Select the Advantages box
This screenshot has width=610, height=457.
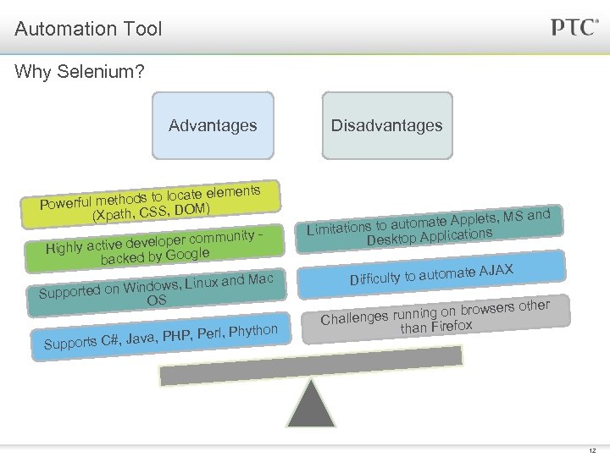coord(213,125)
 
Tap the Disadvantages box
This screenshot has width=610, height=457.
coord(386,125)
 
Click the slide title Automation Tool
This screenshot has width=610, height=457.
coord(88,30)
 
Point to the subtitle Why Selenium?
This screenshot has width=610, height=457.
coord(80,72)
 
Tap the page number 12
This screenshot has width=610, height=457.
coord(591,450)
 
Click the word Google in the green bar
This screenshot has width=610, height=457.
coord(187,253)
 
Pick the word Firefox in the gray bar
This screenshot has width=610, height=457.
coord(451,324)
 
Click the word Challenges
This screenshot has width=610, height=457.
coord(354,317)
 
